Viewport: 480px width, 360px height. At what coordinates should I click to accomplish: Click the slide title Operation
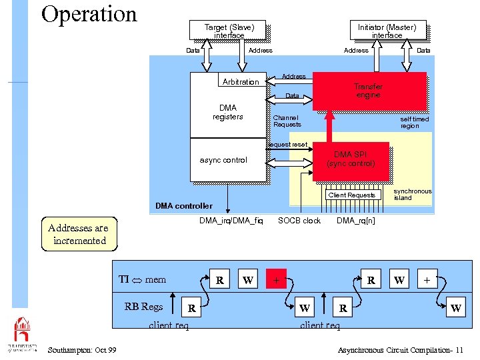(x=89, y=14)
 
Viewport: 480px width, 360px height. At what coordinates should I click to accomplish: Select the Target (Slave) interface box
(x=229, y=30)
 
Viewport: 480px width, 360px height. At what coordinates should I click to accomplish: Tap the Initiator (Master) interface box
(x=387, y=30)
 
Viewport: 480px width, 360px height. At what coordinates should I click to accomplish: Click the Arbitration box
(x=241, y=81)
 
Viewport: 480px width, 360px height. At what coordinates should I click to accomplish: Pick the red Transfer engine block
(x=369, y=91)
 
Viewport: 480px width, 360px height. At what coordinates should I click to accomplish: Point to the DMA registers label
(x=227, y=112)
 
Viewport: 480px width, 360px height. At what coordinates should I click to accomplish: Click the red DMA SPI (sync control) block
(x=351, y=159)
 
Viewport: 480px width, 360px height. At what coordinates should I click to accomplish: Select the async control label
(x=223, y=160)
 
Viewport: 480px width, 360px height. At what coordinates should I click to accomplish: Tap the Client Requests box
(x=351, y=195)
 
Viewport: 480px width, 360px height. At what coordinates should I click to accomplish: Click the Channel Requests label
(x=287, y=121)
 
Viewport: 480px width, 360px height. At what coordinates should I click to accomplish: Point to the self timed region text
(x=414, y=122)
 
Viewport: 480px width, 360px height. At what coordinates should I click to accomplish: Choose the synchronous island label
(x=412, y=194)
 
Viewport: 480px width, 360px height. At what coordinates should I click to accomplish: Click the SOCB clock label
(x=299, y=221)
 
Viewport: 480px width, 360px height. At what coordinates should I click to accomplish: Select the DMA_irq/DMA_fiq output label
(x=231, y=221)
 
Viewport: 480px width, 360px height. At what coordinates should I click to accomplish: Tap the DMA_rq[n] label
(x=355, y=221)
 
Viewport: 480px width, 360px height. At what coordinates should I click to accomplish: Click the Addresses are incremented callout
(x=79, y=234)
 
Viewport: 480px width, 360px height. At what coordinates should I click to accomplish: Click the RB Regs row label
(x=143, y=307)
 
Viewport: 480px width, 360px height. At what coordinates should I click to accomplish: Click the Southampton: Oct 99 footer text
(x=82, y=350)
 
